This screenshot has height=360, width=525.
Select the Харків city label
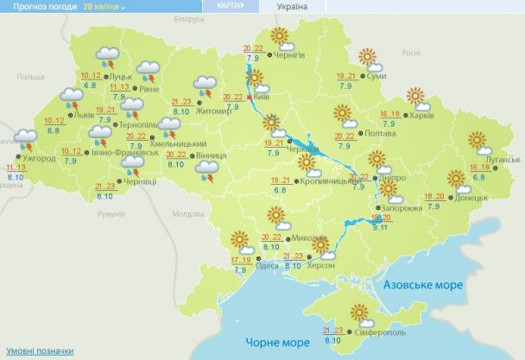pos(422,116)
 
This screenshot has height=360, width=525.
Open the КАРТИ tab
pos(225,5)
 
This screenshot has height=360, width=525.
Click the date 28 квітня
pos(102,6)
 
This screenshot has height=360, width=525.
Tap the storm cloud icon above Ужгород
pos(27,139)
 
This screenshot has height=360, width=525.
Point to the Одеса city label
pos(266,267)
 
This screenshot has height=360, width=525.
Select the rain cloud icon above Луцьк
pos(110,57)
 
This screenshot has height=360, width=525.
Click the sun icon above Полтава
pos(343,113)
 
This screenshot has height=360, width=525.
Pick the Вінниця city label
pos(212,155)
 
